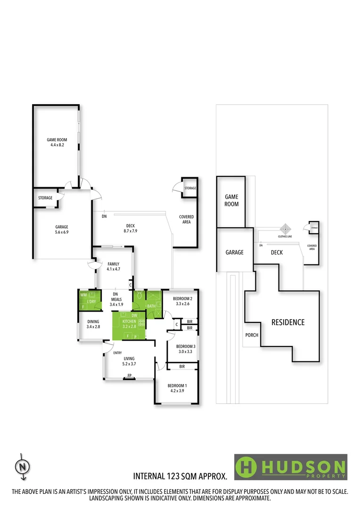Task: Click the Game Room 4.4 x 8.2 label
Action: click(x=55, y=142)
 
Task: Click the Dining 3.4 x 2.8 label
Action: click(x=92, y=324)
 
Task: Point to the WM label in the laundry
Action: click(x=83, y=295)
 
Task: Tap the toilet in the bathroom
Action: click(x=139, y=297)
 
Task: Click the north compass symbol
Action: click(x=22, y=466)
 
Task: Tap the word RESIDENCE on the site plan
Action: click(x=287, y=322)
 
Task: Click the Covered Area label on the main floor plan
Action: click(x=186, y=219)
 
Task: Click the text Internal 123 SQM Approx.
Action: click(x=183, y=477)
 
